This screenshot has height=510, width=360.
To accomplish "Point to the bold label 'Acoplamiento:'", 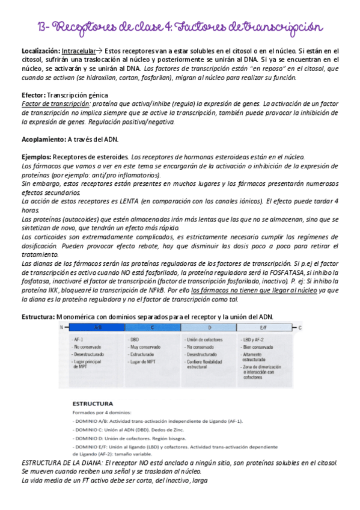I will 46,139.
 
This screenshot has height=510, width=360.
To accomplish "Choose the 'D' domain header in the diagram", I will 210,328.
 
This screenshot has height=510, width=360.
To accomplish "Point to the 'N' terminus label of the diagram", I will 61,328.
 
